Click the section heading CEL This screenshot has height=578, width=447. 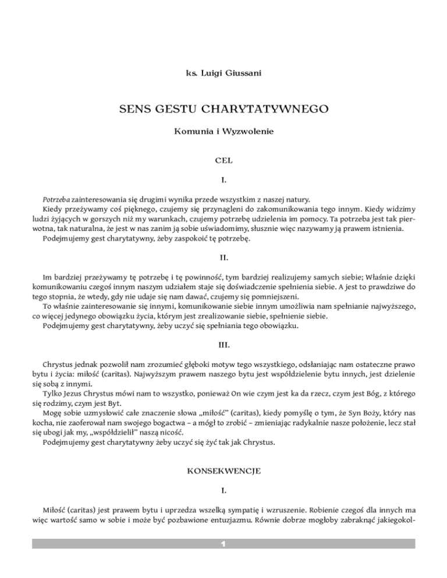223,157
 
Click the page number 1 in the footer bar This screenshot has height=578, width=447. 223,544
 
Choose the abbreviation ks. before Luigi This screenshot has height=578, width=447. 187,75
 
